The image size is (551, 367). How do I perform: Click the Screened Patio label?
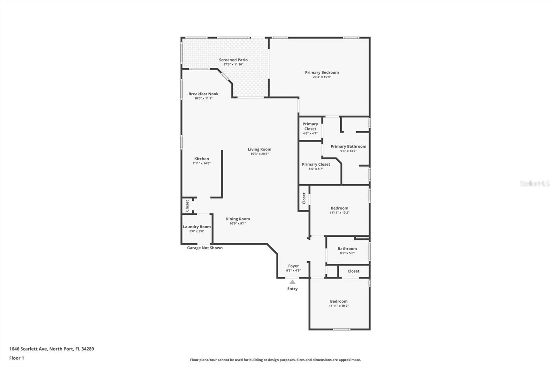coord(233,60)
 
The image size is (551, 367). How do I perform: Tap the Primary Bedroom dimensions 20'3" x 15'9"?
coord(322,77)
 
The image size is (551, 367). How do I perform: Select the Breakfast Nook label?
coord(203,94)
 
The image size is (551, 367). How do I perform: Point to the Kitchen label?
coord(201,159)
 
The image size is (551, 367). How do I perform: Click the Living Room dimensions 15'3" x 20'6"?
coord(259,154)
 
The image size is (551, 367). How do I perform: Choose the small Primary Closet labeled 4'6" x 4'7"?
coord(310,128)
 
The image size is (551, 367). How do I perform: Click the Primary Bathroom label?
coord(348,146)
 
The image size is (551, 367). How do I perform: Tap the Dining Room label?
coord(238,219)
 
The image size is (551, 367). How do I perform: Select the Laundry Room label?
coord(197,227)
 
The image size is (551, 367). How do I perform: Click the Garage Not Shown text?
coord(205,248)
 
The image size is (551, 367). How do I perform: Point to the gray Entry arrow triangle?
coord(292,282)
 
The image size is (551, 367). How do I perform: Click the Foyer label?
coord(293,266)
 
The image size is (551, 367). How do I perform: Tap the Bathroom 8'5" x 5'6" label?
coord(347,249)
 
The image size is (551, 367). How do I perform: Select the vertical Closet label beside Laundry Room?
coord(187,206)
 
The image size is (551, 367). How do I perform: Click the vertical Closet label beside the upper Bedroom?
coord(304,198)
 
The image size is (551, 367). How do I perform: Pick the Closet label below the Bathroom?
coord(353,271)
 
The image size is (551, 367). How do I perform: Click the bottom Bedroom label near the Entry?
coord(339,301)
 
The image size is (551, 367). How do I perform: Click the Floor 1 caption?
coord(17,358)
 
